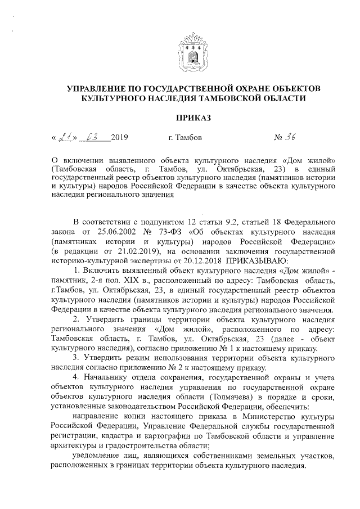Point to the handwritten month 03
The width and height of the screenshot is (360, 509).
point(92,137)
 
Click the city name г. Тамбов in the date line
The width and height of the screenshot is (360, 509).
point(185,137)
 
